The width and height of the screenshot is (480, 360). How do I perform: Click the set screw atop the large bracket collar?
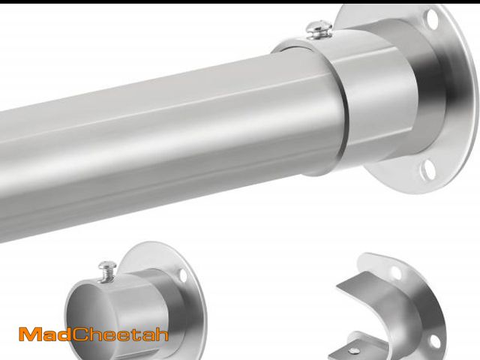click(319, 29)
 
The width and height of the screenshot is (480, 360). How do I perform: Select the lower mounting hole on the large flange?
click(427, 169)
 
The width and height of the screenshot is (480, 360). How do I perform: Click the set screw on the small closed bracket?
click(107, 271)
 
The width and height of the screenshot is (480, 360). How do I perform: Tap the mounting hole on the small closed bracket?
click(183, 275)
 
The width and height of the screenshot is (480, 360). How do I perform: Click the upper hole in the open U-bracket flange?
click(396, 273)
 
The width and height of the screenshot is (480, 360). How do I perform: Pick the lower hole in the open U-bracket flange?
click(435, 341)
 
